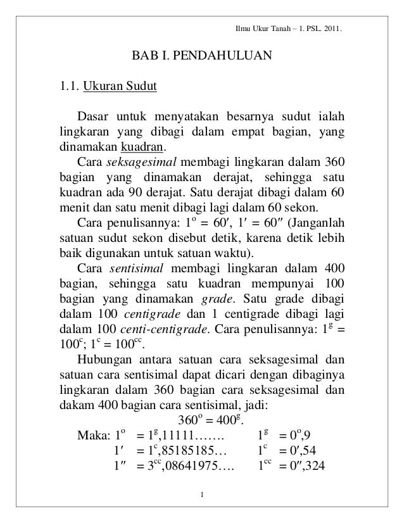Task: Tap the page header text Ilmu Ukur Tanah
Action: (260, 29)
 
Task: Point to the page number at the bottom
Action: (201, 494)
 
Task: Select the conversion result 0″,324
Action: (308, 467)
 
